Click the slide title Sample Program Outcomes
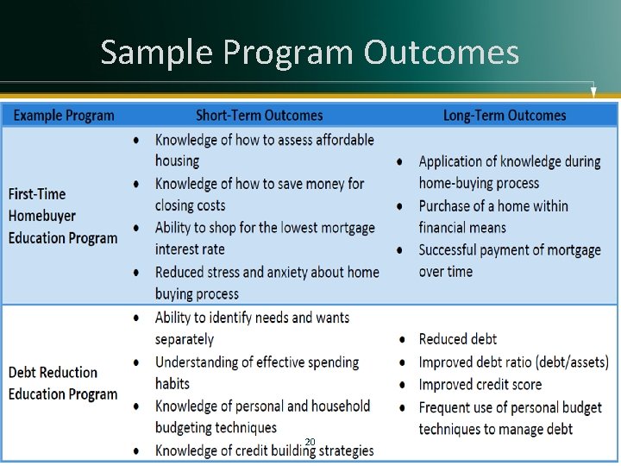310,53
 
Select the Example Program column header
64,116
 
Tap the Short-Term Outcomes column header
259,116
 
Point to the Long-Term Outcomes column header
505,116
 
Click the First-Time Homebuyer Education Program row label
62,216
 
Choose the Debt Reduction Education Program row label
62,383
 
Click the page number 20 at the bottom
310,442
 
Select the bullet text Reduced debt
457,339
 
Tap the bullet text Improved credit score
480,385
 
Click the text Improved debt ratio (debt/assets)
513,362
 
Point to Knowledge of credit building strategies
264,450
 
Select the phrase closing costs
190,205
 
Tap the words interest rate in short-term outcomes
190,249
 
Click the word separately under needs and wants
184,339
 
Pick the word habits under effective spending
172,384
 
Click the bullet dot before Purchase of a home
401,206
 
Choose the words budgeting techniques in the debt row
216,428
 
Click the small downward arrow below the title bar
593,91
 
